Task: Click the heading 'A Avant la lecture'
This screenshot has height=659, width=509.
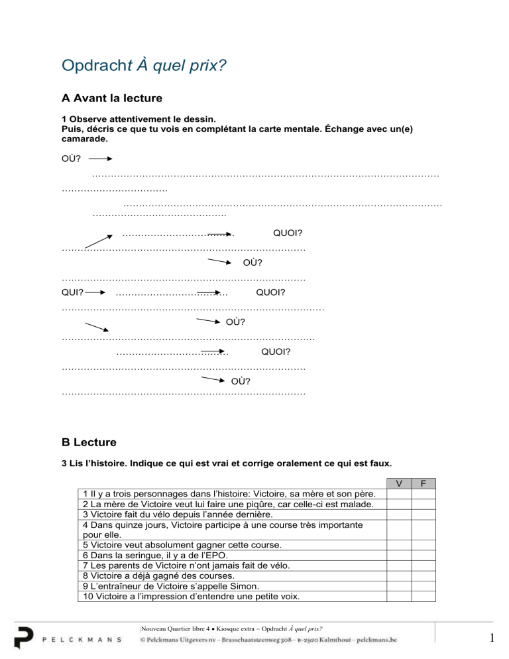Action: coord(111,99)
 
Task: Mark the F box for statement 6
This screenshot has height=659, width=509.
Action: coord(424,556)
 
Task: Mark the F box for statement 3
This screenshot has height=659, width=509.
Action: coord(424,514)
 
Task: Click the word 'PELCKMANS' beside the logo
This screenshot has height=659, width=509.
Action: coord(82,639)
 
